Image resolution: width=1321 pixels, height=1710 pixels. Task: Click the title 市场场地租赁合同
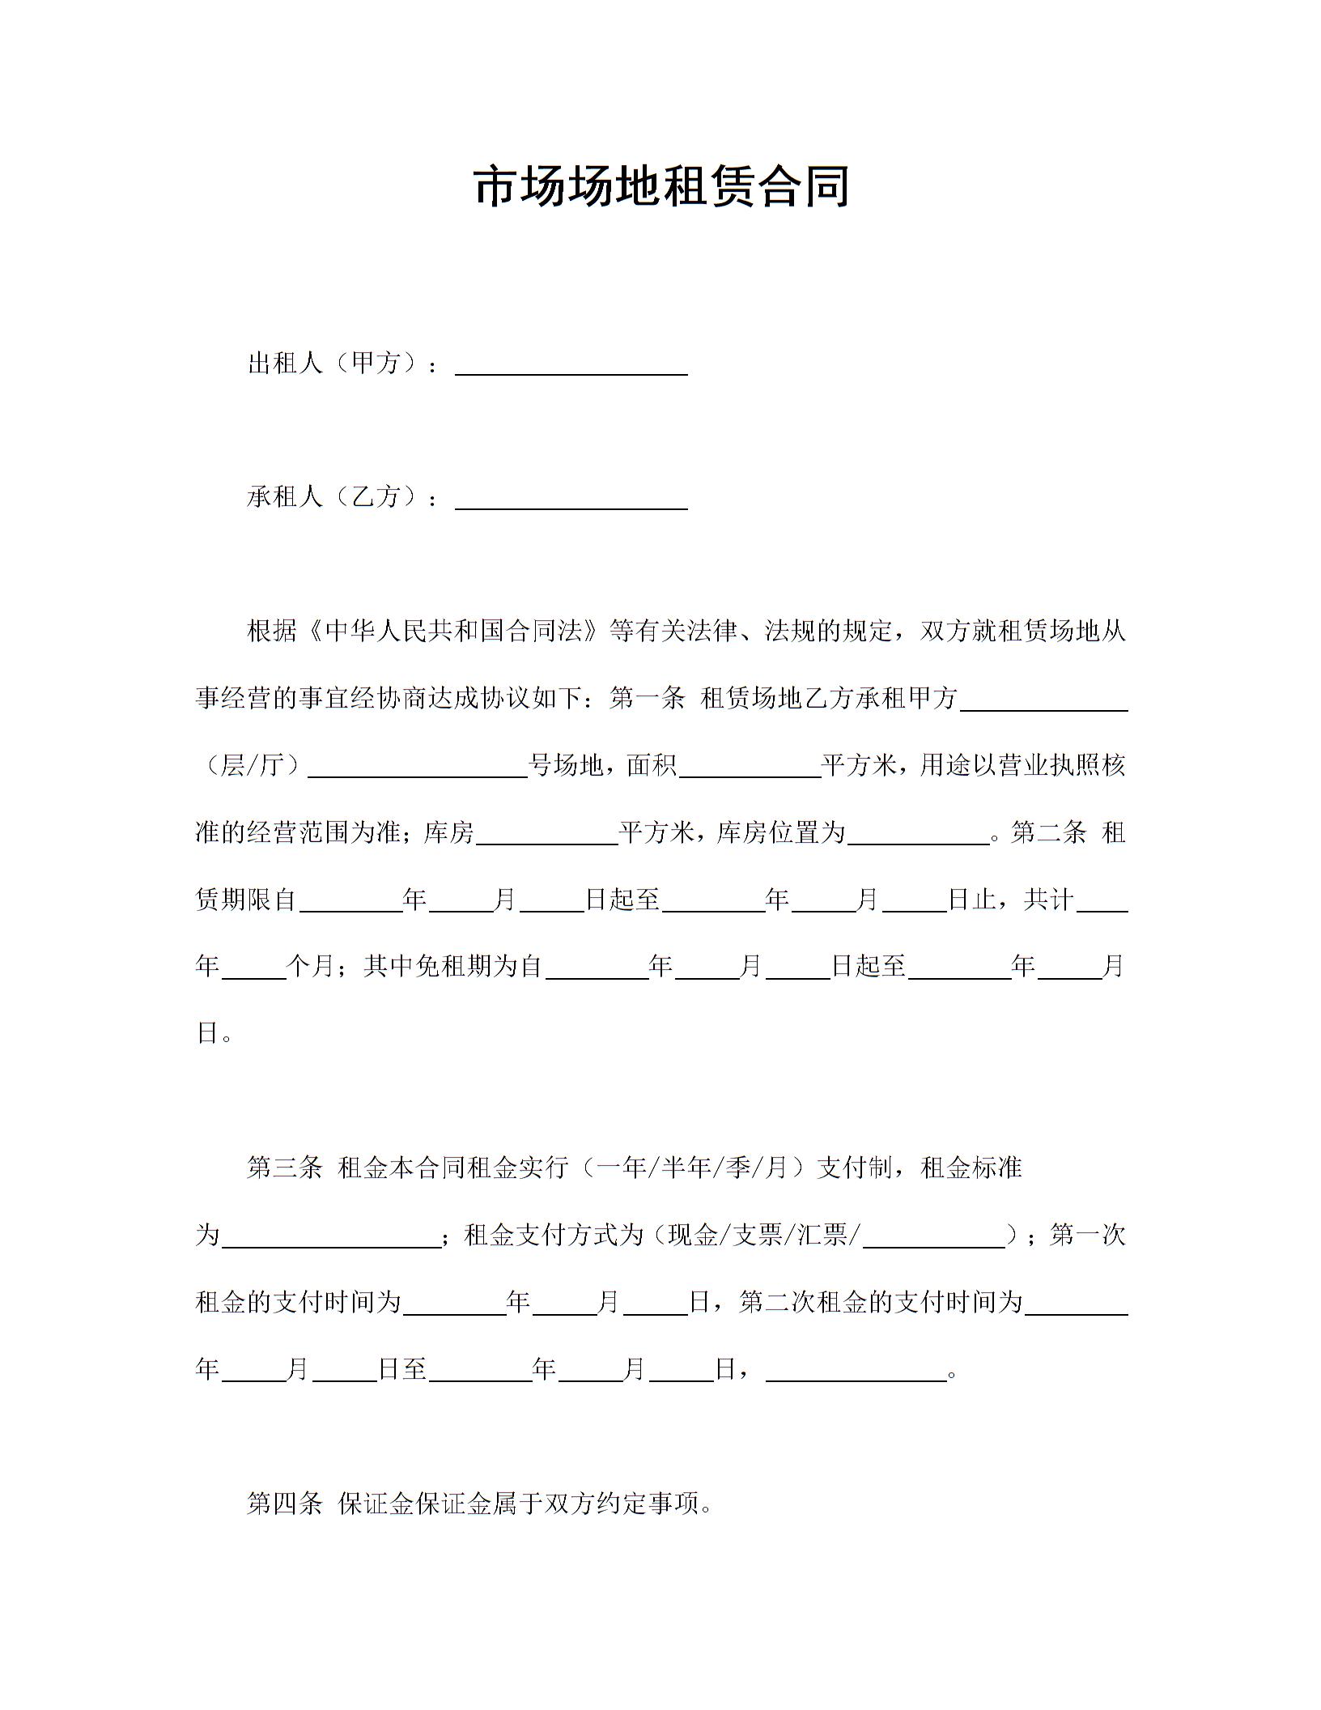pos(660,187)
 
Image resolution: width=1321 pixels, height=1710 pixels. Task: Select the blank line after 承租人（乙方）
pos(571,500)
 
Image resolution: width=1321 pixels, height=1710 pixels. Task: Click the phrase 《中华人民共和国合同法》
pos(452,632)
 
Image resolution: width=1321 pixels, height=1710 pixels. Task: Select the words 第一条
pos(648,698)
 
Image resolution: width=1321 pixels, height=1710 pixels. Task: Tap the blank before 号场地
pos(418,768)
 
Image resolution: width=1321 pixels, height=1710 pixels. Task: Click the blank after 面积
pos(750,768)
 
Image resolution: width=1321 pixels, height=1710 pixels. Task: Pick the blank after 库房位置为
pos(919,836)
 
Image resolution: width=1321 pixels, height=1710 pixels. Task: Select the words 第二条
pos(1048,832)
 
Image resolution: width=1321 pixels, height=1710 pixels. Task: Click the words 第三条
pos(285,1168)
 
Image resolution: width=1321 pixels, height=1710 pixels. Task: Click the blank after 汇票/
pos(933,1238)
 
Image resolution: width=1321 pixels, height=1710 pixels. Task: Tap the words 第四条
pos(285,1504)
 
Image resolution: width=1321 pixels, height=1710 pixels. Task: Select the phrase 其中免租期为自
pos(453,966)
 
